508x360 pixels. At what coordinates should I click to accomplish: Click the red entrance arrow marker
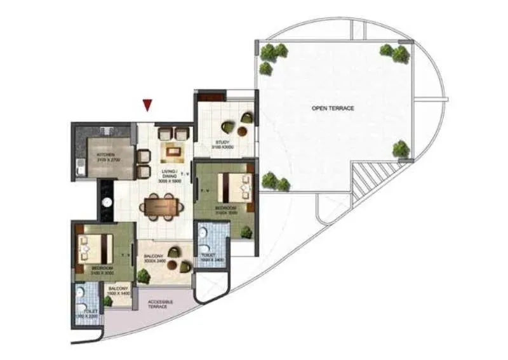click(x=147, y=105)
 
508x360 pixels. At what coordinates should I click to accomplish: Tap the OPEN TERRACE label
click(x=333, y=109)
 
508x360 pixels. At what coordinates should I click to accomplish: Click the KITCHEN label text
click(x=105, y=154)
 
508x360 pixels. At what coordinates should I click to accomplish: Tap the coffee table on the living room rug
click(x=171, y=150)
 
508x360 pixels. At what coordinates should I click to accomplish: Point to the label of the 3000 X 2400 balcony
click(x=155, y=258)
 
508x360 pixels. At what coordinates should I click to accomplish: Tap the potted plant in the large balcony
click(x=144, y=276)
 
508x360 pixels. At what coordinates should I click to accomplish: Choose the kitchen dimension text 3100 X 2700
click(x=106, y=159)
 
